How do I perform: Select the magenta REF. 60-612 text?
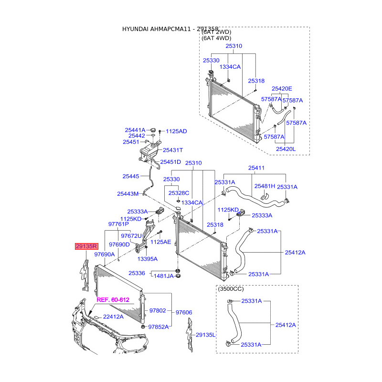click(x=113, y=300)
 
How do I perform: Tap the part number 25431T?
click(x=172, y=150)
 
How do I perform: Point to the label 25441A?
click(x=135, y=130)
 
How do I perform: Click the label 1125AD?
click(x=176, y=131)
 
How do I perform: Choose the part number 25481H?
click(x=265, y=186)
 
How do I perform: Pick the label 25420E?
click(x=282, y=89)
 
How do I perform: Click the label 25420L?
click(x=286, y=149)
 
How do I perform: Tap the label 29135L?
click(x=206, y=335)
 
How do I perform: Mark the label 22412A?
click(x=113, y=317)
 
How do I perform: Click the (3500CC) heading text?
click(x=231, y=289)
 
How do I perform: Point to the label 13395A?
click(x=147, y=258)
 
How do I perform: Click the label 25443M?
click(x=127, y=194)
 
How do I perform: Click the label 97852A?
click(x=159, y=327)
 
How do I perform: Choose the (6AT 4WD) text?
click(x=217, y=38)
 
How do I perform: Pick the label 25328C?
click(x=179, y=193)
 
